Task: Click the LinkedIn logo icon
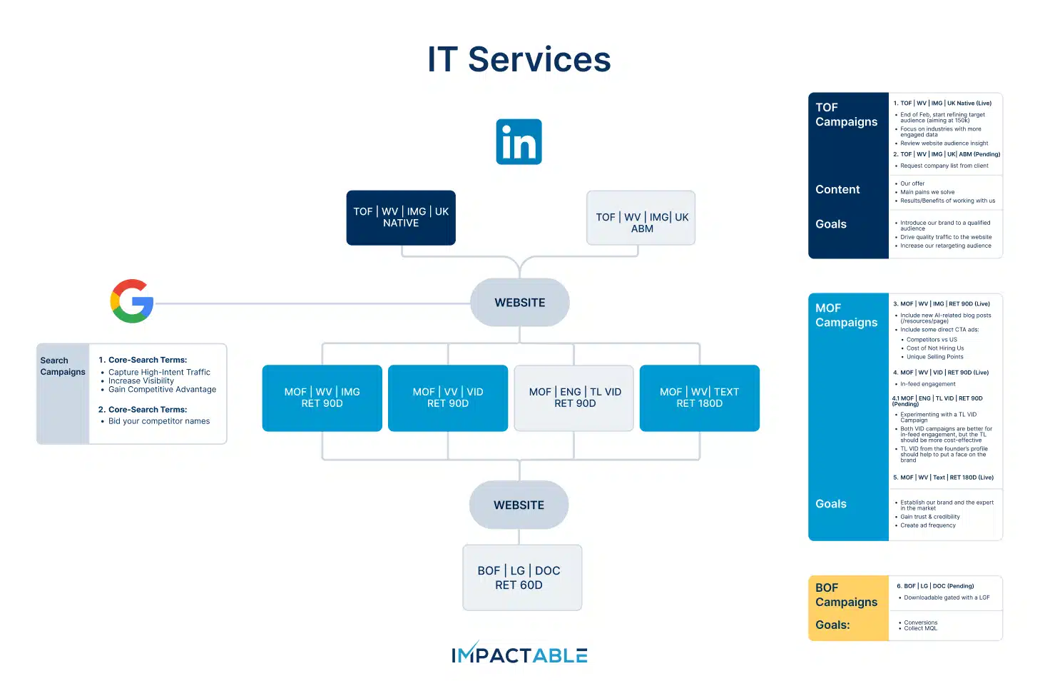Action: (x=519, y=142)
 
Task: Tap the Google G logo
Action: (x=132, y=301)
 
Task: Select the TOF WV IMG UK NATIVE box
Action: (x=401, y=218)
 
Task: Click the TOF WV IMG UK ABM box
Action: (x=641, y=218)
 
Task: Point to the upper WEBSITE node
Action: (x=520, y=303)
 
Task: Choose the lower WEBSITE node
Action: (x=519, y=505)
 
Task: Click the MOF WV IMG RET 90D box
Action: (x=322, y=398)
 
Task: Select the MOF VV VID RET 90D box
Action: (x=448, y=398)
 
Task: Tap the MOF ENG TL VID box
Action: (x=574, y=398)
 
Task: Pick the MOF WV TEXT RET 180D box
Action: (x=699, y=398)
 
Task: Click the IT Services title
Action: (x=519, y=59)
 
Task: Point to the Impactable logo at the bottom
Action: (x=519, y=655)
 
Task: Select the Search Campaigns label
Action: (x=63, y=366)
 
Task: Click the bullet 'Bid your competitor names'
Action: (x=159, y=421)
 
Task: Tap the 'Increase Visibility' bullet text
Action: (x=141, y=381)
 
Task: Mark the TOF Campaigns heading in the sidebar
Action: (x=846, y=114)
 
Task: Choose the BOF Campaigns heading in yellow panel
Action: (x=846, y=595)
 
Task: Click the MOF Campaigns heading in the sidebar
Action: (x=846, y=315)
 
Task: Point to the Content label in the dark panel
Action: (x=837, y=189)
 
